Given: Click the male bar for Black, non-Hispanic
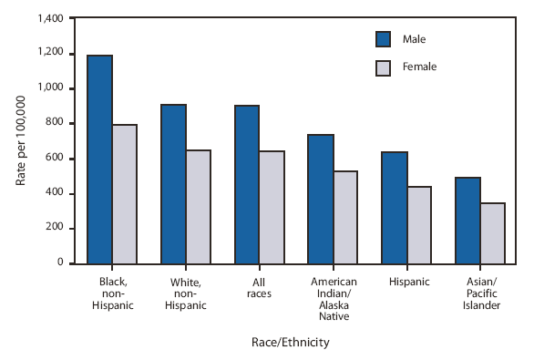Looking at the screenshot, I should [100, 159].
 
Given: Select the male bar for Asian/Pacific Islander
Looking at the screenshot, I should [467, 220].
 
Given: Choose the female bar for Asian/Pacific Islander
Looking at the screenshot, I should [492, 232].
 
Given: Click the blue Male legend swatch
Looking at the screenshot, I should [384, 39].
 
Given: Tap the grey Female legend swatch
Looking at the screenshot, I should [384, 67].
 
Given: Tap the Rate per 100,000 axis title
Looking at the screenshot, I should [20, 141].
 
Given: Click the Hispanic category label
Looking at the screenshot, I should [406, 283].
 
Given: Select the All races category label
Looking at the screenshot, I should [259, 288].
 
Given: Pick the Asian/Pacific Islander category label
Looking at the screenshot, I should [479, 294].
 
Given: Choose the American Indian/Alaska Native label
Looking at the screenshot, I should [333, 300].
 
